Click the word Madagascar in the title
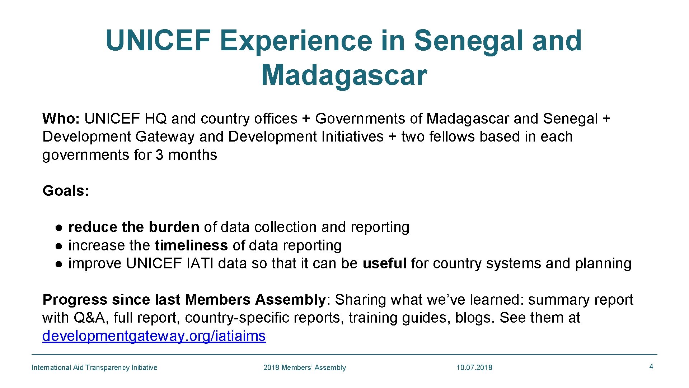344,75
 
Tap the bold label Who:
61,119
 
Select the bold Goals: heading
66,191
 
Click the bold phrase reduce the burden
133,227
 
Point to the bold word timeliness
191,245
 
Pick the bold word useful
384,263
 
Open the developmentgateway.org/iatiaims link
154,336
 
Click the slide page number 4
651,366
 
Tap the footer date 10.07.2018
474,368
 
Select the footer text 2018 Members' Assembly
304,368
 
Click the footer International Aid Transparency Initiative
94,368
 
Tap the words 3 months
186,155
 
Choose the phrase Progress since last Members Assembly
184,300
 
